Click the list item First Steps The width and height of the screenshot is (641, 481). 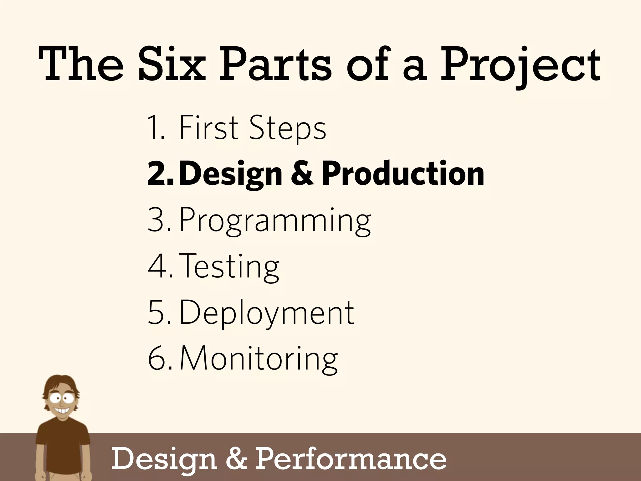252,128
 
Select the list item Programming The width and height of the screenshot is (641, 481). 275,221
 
